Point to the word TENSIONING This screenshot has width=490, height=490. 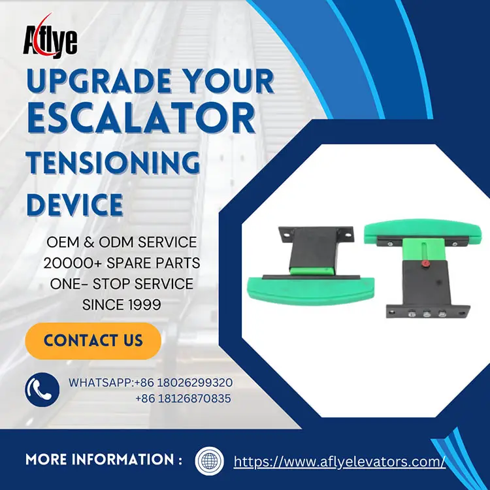(x=112, y=161)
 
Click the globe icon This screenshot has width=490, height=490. (x=210, y=461)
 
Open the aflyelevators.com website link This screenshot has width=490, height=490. (x=339, y=461)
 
